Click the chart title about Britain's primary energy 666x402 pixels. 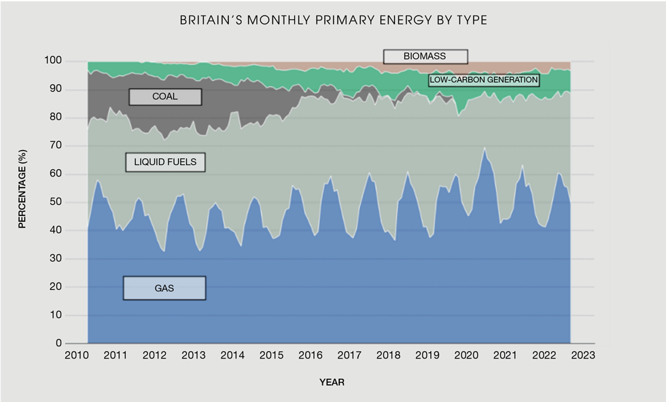[333, 20]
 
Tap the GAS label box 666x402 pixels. [164, 288]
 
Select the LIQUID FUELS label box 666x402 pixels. [165, 162]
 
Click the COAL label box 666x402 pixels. [165, 96]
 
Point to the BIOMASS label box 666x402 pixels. [425, 56]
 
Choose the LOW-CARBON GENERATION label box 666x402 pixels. [483, 80]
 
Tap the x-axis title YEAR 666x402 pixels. [332, 382]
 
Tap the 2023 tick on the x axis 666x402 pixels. [582, 355]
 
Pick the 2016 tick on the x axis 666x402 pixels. [311, 355]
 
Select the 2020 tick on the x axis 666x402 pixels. [466, 355]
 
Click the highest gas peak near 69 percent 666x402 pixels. [485, 148]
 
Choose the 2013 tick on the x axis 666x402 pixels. [194, 355]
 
